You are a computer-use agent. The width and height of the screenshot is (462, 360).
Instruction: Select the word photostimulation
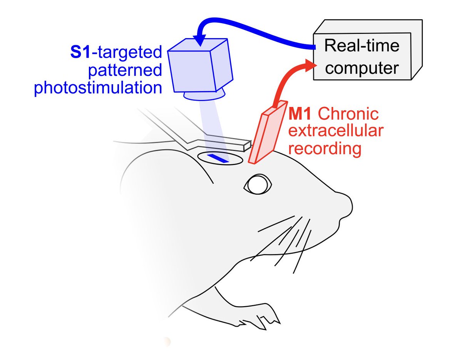tap(98, 88)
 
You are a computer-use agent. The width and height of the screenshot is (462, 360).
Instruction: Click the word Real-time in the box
tap(362, 46)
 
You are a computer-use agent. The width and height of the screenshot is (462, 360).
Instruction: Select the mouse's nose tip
tap(348, 202)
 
